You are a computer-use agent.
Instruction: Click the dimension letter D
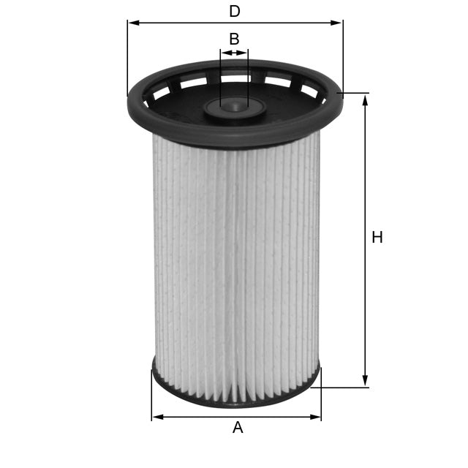coord(234,12)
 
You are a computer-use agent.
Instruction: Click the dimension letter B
coord(234,39)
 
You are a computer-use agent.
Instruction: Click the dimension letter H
coord(377,238)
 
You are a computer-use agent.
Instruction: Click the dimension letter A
coord(237,429)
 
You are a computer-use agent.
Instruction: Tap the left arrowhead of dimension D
coord(132,23)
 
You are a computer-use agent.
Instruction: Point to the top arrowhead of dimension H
coord(365,99)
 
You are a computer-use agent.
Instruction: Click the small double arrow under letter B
coord(234,53)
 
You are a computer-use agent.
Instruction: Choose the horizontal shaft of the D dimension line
coord(183,23)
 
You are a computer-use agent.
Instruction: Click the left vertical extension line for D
coord(127,58)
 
